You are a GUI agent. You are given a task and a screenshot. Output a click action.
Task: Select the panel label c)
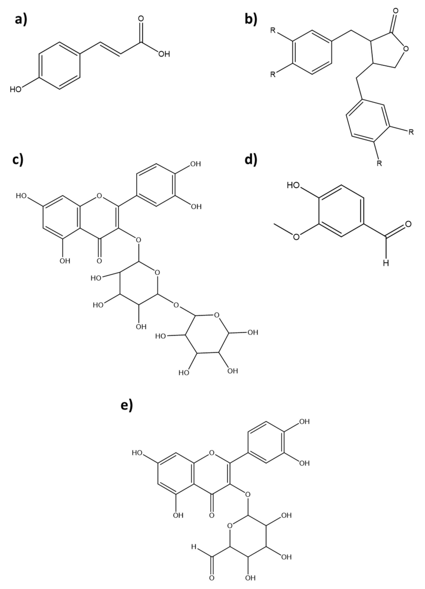coord(18,159)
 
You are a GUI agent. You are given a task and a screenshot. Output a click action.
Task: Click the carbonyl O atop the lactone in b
coord(395,12)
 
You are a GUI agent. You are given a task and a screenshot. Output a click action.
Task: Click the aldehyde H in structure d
coord(386,263)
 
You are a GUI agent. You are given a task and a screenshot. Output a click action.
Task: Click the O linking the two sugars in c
coord(176,305)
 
